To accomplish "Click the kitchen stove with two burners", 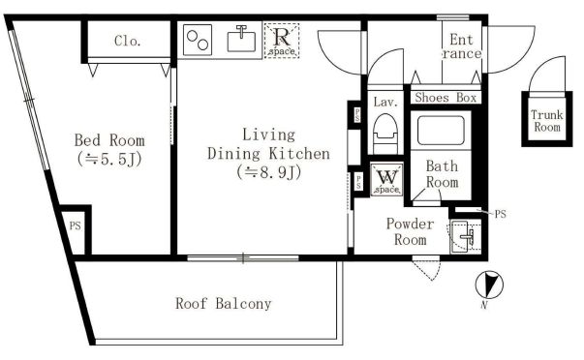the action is coord(198,40).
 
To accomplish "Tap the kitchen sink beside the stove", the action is coord(241,39).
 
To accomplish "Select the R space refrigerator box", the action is coord(282,41).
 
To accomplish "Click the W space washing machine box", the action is coord(387,179).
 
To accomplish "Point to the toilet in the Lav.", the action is coord(385,133).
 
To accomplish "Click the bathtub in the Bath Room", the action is coord(441,131).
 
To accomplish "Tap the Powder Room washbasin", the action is coord(464,236).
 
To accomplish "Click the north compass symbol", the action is coord(489,285).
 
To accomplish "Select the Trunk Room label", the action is coord(547,121).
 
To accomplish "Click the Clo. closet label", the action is coord(128,41).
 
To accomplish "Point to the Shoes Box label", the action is coord(446,98).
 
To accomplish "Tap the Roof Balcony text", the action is coord(224,304).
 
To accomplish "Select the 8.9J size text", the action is coord(269,172).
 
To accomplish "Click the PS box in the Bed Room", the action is coord(76,229).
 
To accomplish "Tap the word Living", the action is coord(268,135).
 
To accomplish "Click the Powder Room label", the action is coord(410,231).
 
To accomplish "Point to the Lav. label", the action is coord(385,102).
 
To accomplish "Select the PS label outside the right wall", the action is coord(500,214).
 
